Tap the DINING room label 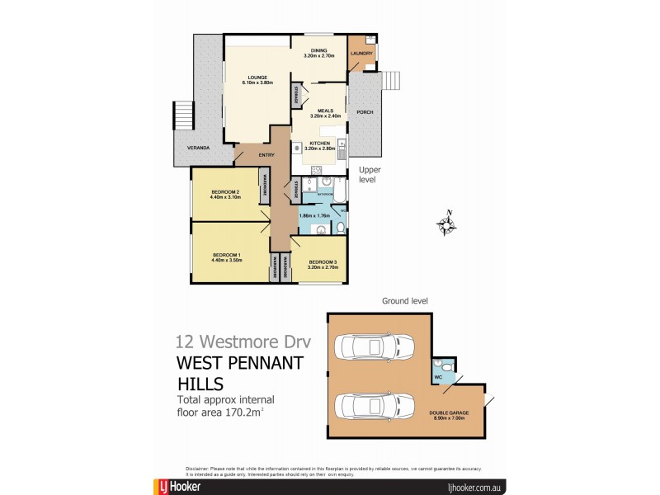pos(318,52)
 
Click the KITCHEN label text pos(320,144)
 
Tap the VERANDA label pos(197,148)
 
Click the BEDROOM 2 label pos(224,195)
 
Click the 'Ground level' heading pos(403,301)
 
